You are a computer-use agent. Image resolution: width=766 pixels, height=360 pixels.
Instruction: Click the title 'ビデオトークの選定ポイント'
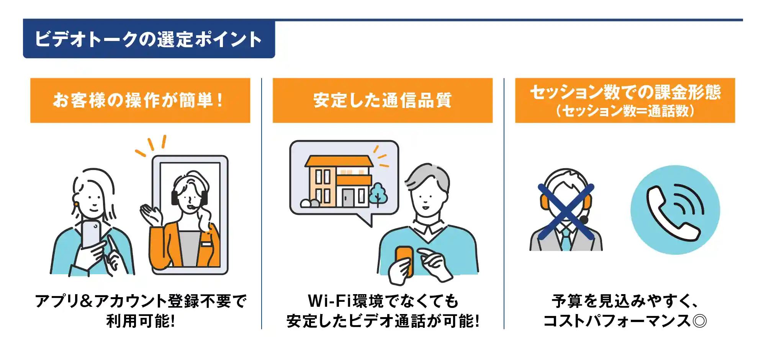pyautogui.click(x=148, y=39)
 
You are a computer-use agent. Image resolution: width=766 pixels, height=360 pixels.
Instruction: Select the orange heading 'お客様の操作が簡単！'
pyautogui.click(x=138, y=100)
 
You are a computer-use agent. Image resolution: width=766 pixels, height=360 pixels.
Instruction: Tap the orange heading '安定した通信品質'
pyautogui.click(x=382, y=100)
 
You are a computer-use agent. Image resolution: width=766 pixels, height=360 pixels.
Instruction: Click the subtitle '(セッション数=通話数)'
pyautogui.click(x=625, y=111)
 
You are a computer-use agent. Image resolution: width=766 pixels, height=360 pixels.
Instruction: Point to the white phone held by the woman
pyautogui.click(x=91, y=234)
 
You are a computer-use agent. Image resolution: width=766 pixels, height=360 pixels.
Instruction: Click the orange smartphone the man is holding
pyautogui.click(x=404, y=260)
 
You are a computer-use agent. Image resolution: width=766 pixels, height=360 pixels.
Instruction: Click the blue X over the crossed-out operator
pyautogui.click(x=566, y=211)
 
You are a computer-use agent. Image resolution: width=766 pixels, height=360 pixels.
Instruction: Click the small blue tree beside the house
pyautogui.click(x=378, y=194)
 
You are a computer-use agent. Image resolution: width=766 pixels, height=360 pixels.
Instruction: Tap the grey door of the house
pyautogui.click(x=348, y=198)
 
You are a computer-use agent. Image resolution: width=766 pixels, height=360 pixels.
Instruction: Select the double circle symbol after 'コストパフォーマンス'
pyautogui.click(x=699, y=321)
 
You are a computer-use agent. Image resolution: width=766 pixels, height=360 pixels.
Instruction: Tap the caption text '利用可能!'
pyautogui.click(x=141, y=321)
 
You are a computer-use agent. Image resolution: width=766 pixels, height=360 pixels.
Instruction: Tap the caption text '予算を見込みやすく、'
pyautogui.click(x=625, y=301)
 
